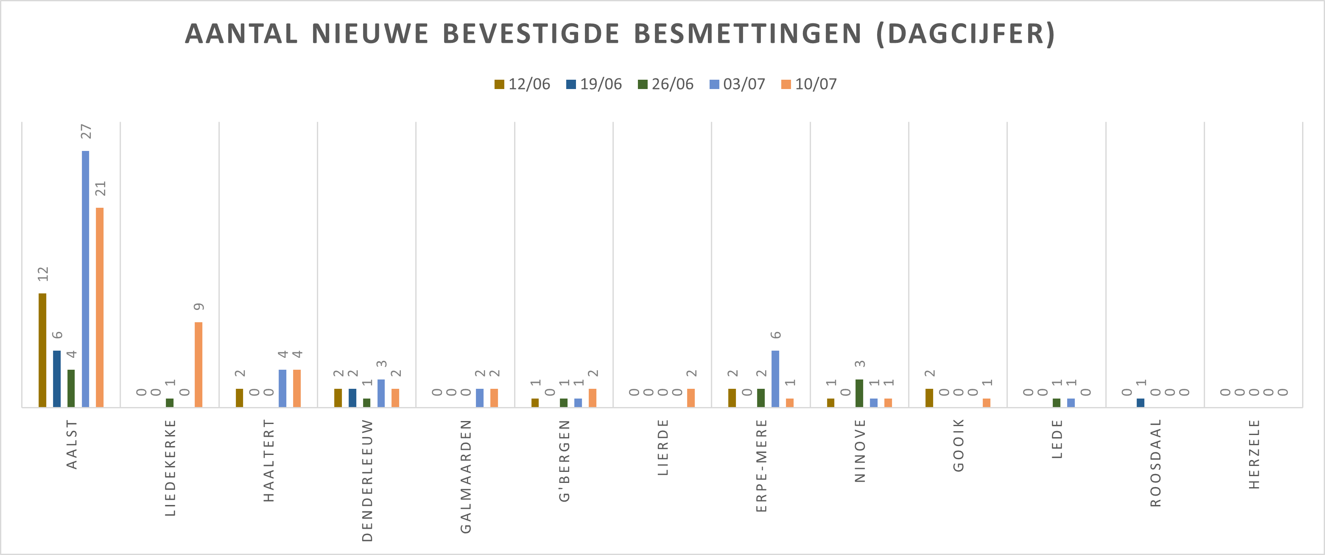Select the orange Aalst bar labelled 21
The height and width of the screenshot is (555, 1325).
pyautogui.click(x=100, y=307)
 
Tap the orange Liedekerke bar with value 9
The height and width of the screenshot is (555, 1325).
pyautogui.click(x=198, y=364)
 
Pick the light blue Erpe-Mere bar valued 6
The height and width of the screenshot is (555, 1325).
pyautogui.click(x=775, y=379)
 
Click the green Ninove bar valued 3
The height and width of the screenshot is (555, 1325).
pyautogui.click(x=859, y=393)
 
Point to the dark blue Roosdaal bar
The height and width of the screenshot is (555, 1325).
pyautogui.click(x=1141, y=402)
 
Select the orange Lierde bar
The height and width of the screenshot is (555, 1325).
pyautogui.click(x=691, y=398)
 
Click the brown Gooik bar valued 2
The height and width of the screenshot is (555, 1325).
pyautogui.click(x=929, y=398)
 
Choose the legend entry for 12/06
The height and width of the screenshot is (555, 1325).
pyautogui.click(x=523, y=84)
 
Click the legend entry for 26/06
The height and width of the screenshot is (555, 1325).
pyautogui.click(x=666, y=84)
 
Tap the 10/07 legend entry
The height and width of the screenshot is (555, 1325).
pyautogui.click(x=809, y=84)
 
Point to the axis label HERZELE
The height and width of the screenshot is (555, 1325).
pyautogui.click(x=1255, y=454)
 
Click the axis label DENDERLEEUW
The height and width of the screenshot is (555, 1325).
pyautogui.click(x=367, y=480)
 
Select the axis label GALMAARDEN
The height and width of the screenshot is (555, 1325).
pyautogui.click(x=466, y=476)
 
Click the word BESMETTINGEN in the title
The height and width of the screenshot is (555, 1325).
pyautogui.click(x=747, y=34)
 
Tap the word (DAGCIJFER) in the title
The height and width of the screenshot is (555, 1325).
pyautogui.click(x=965, y=34)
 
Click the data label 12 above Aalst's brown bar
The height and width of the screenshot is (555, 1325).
pyautogui.click(x=43, y=273)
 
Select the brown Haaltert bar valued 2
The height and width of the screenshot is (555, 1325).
pyautogui.click(x=240, y=398)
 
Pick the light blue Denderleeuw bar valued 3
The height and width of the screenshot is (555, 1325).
pyautogui.click(x=381, y=393)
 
